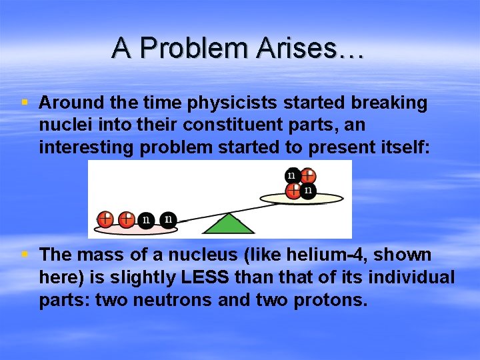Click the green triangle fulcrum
pyautogui.click(x=229, y=225)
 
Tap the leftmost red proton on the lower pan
pyautogui.click(x=105, y=219)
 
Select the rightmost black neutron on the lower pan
pyautogui.click(x=169, y=219)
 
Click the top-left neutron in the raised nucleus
pyautogui.click(x=291, y=176)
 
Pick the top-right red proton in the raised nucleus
pyautogui.click(x=307, y=177)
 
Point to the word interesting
pyautogui.click(x=87, y=147)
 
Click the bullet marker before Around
pyautogui.click(x=25, y=103)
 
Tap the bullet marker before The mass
pyautogui.click(x=25, y=255)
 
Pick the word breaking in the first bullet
pyautogui.click(x=389, y=103)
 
